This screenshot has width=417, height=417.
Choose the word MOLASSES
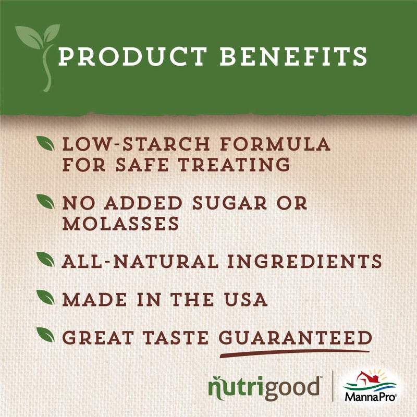click(x=121, y=224)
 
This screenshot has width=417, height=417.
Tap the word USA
click(x=246, y=300)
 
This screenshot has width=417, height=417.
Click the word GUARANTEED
click(x=295, y=338)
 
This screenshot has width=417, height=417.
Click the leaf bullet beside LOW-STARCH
click(x=46, y=142)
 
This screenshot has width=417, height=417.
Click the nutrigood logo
click(x=263, y=388)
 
